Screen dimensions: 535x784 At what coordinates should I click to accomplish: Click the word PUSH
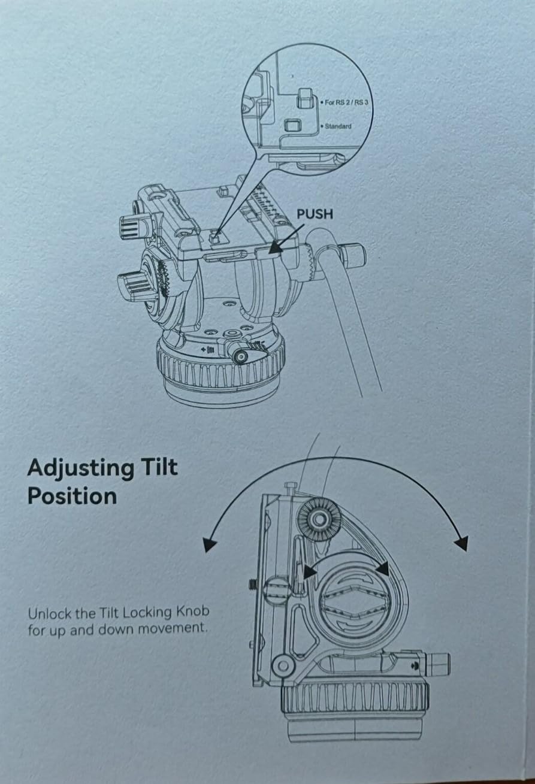click(315, 214)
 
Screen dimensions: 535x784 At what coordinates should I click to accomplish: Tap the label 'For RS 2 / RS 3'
click(347, 102)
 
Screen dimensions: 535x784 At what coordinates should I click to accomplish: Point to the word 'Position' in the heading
click(72, 496)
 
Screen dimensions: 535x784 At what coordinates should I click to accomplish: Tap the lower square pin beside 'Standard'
click(291, 125)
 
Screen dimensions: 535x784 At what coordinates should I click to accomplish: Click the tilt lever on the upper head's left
click(132, 283)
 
